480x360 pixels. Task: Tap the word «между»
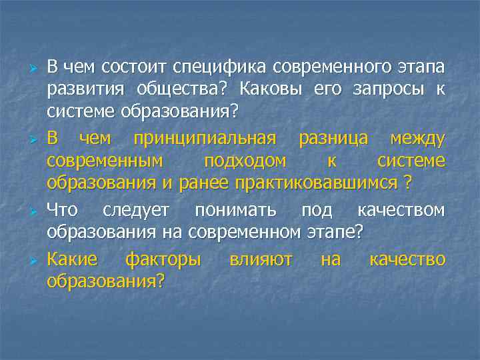(417, 139)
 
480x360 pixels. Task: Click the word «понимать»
(235, 211)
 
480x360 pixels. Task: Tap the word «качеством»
(401, 211)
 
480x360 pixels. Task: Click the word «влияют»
(261, 260)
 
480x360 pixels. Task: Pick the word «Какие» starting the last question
(72, 260)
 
